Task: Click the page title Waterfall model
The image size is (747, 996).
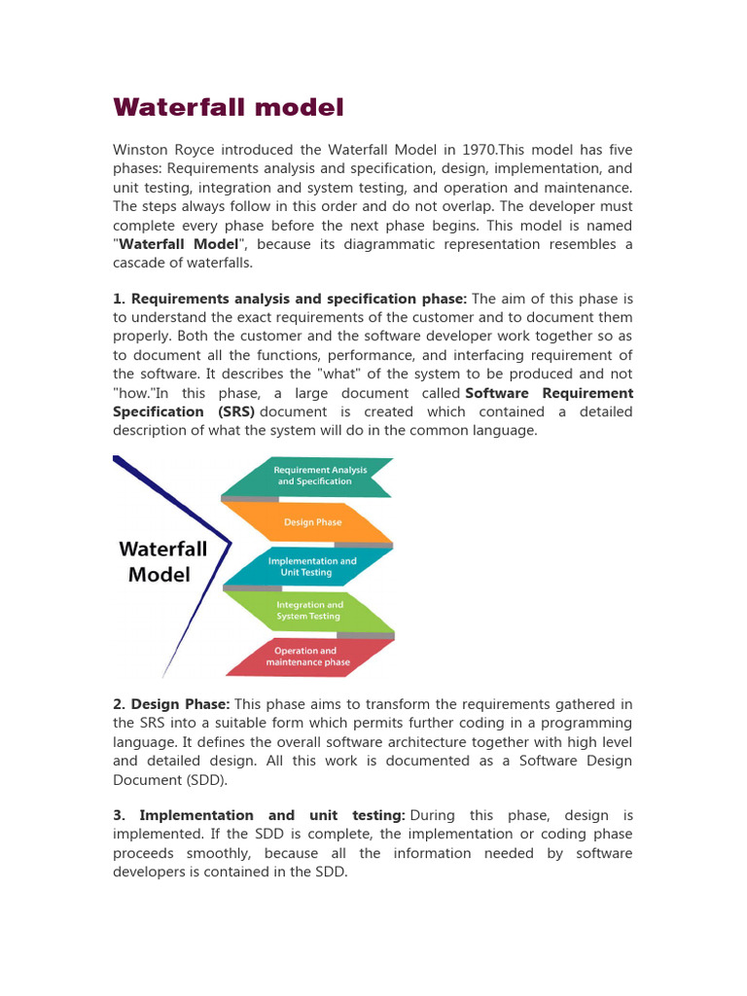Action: click(229, 107)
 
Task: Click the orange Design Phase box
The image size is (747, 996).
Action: click(312, 522)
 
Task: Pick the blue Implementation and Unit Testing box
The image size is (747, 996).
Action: click(311, 567)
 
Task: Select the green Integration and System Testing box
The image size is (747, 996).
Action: click(308, 611)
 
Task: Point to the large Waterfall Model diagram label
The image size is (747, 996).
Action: click(162, 561)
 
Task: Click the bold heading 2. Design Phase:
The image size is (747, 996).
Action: click(171, 704)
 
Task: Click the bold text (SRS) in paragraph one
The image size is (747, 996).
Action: click(234, 411)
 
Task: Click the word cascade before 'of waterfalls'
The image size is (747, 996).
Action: click(141, 263)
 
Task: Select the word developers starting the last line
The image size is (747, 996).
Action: click(150, 871)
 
